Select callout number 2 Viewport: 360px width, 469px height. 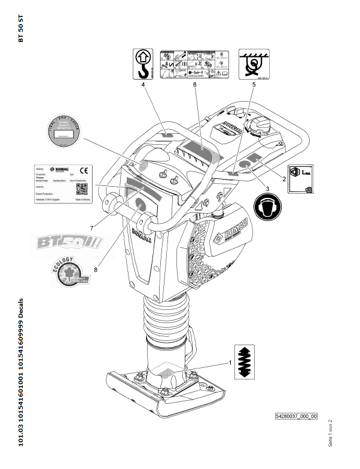(284, 178)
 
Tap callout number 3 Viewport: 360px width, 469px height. (267, 188)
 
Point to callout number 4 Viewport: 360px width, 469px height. (144, 86)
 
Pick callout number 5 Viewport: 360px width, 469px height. (254, 86)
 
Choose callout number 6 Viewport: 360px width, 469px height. (195, 86)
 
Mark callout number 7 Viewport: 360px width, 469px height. (92, 228)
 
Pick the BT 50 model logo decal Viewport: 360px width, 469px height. (71, 243)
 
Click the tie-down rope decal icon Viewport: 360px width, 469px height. (254, 63)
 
